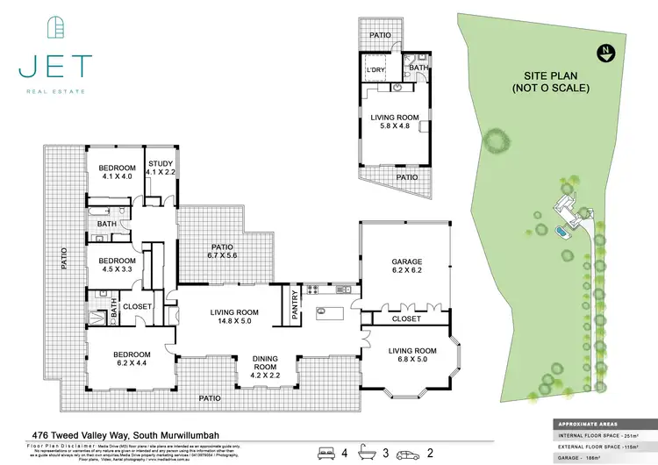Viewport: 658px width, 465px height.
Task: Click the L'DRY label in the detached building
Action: coord(377,71)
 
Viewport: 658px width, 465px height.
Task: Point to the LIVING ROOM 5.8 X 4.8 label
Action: coord(395,122)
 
